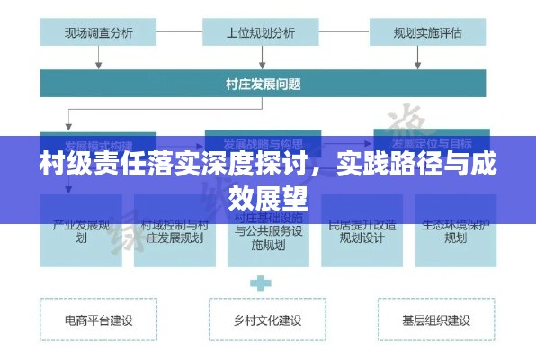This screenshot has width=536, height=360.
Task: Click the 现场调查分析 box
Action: pyautogui.click(x=98, y=33)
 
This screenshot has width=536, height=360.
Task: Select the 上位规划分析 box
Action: pyautogui.click(x=262, y=33)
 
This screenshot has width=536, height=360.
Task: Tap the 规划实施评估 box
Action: pyautogui.click(x=427, y=33)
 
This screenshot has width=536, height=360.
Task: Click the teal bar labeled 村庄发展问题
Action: pyautogui.click(x=263, y=85)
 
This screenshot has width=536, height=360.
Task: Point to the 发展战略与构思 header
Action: pyautogui.click(x=262, y=144)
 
